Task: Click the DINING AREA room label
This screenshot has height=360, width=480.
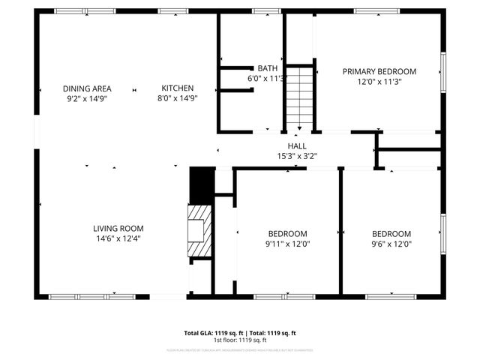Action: point(86,88)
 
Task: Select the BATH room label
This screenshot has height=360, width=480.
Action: point(267,68)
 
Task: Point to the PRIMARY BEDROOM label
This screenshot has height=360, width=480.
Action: point(379,72)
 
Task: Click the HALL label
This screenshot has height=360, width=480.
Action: point(296,146)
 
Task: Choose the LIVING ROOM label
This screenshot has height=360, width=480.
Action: point(118,229)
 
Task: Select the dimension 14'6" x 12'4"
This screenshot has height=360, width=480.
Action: point(118,238)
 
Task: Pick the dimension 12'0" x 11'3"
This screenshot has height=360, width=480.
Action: point(379,82)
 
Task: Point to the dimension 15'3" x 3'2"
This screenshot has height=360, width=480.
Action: point(296,157)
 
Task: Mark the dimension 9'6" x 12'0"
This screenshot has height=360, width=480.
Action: point(391,244)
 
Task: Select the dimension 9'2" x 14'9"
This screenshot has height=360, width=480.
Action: point(86,97)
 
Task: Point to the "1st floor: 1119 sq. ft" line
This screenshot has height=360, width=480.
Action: point(240,340)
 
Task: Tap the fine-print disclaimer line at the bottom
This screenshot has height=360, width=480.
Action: point(240,349)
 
